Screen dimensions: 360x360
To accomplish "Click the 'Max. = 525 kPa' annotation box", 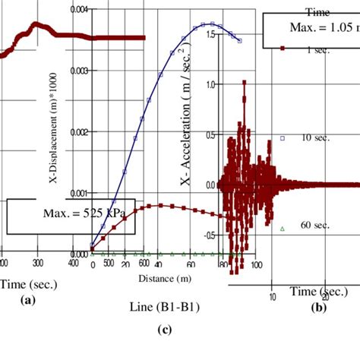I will tap(71, 217).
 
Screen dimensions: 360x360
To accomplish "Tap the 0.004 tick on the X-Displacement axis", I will tap(79, 9).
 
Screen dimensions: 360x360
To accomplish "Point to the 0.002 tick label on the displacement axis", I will tap(79, 131).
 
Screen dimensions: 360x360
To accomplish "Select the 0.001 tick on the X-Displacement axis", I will tap(79, 193).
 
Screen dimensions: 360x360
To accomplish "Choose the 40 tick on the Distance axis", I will tap(158, 265).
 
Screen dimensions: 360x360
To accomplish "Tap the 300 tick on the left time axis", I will tap(37, 263).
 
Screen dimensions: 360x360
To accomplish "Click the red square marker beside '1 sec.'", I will tap(282, 48).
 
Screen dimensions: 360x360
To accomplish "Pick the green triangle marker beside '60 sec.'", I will tap(282, 228).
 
